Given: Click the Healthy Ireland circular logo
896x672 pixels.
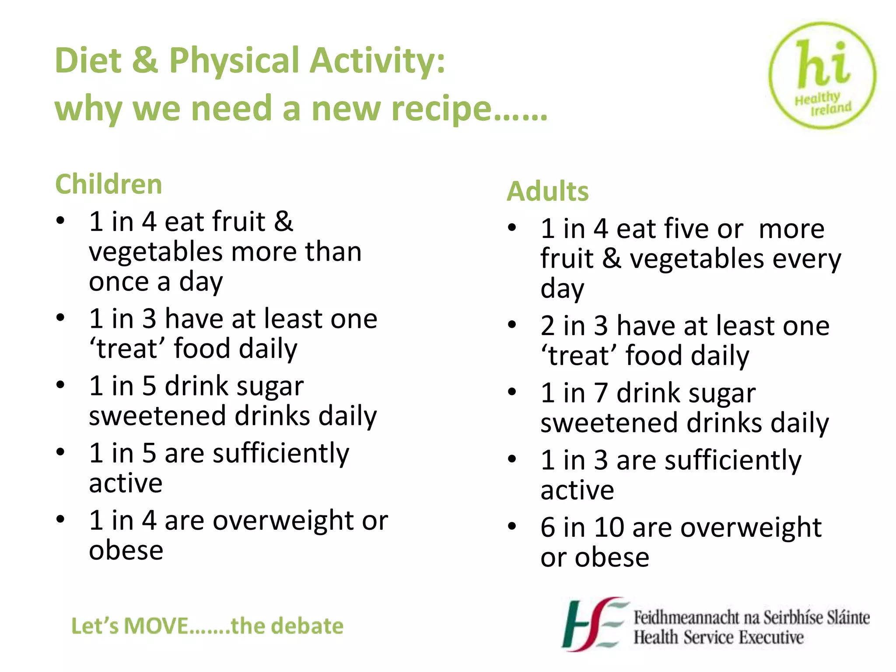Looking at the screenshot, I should point(822,75).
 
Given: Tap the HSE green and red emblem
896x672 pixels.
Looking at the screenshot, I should point(593,624).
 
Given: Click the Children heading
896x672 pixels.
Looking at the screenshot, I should point(108,184).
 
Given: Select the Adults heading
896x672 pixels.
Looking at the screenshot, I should point(548,191).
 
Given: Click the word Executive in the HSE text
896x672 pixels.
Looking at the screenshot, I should point(771,637).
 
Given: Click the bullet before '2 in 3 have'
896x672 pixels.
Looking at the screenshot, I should point(512,325).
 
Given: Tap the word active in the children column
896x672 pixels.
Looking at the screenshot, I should point(126,483).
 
